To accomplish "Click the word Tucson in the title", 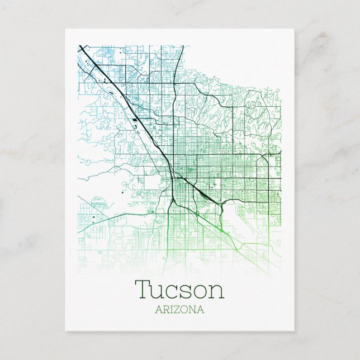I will [179, 289].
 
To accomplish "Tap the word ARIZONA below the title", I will [180, 309].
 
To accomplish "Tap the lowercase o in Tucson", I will [200, 291].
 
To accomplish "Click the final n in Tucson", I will [215, 291].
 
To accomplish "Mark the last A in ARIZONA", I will [199, 309].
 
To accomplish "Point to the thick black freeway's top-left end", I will [80, 46].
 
